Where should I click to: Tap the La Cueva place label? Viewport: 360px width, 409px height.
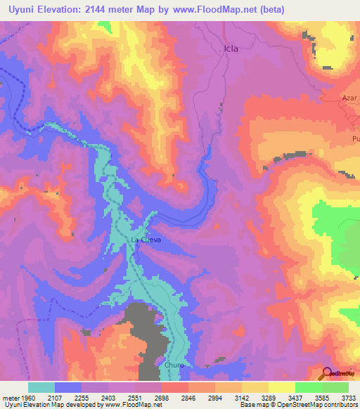[146, 240]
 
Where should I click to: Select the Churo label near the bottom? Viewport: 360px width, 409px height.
[174, 365]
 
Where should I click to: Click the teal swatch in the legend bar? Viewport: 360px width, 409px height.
[41, 387]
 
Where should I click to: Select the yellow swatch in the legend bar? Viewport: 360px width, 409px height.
[281, 387]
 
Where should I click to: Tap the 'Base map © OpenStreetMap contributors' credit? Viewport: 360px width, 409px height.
[298, 405]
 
